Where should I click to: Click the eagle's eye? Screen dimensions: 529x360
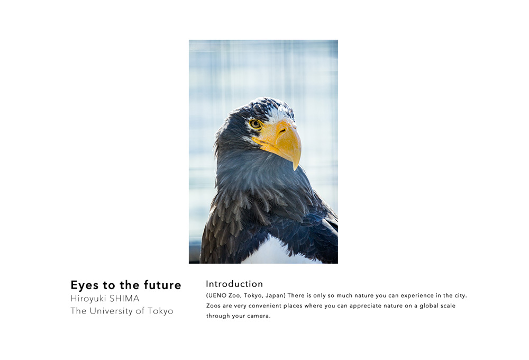pos(255,124)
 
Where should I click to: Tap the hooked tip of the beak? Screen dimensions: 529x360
pos(296,168)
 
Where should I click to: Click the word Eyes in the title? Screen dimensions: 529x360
pos(85,285)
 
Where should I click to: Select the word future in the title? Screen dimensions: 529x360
pos(162,285)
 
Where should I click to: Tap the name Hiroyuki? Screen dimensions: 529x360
pos(88,299)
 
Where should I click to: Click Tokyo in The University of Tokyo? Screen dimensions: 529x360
pos(160,311)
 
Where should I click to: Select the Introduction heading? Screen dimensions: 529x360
pos(234,284)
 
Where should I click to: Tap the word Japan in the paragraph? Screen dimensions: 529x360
pos(275,295)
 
